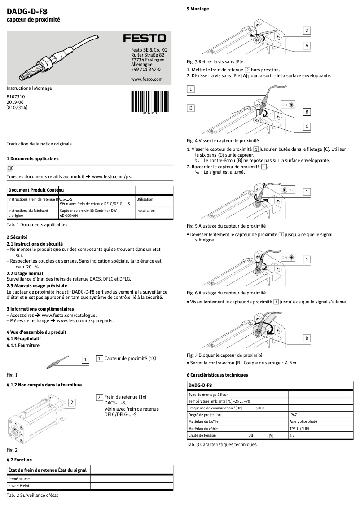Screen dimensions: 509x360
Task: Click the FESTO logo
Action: (x=145, y=38)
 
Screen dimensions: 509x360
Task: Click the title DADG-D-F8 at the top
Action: (x=27, y=12)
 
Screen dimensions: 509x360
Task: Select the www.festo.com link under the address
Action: (x=146, y=79)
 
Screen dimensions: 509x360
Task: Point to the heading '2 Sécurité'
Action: (x=17, y=237)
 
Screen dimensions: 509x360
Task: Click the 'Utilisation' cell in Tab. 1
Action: (x=145, y=199)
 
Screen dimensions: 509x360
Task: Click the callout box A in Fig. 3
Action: (x=307, y=46)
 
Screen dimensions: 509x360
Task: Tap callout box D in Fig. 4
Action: (x=191, y=108)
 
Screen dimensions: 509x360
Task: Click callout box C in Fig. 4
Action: (x=307, y=127)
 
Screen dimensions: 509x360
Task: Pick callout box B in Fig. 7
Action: (x=307, y=338)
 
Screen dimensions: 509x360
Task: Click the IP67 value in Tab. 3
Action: (x=293, y=415)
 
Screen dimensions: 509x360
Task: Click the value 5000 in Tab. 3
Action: (x=260, y=408)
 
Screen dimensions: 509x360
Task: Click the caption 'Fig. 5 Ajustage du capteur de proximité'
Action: (x=226, y=226)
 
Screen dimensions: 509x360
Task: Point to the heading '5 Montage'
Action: (x=198, y=9)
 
